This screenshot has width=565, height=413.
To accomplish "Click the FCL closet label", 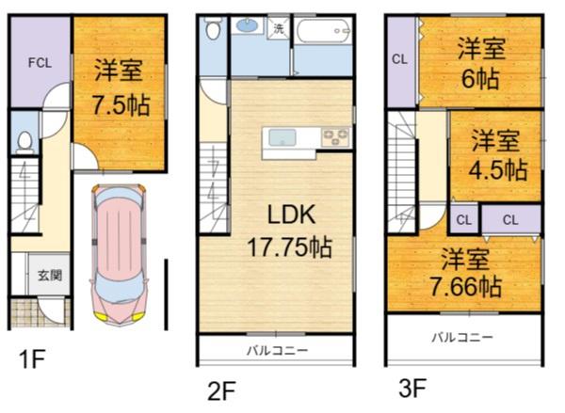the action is point(40,63).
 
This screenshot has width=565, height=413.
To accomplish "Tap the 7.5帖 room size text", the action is point(121,105).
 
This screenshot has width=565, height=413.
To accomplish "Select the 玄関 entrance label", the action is point(50,276).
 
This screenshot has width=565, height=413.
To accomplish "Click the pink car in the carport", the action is point(119,254).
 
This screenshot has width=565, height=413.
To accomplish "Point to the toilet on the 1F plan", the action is point(24,141).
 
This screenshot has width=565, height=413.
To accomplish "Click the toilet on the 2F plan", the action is point(213,27).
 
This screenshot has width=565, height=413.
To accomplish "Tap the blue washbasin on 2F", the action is point(247,26).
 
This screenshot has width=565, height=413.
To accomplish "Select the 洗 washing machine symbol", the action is point(279,27).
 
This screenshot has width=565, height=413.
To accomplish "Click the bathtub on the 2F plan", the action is point(323,31).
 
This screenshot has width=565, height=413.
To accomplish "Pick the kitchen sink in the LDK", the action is point(282,138).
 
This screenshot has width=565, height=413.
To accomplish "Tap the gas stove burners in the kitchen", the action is point(335,137).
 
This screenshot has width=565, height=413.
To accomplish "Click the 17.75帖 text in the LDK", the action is point(289,247).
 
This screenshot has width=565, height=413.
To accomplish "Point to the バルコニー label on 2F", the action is point(278,350).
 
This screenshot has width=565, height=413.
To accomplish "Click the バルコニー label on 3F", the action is point(462,338).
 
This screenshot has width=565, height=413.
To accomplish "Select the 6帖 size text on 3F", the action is point(480,79).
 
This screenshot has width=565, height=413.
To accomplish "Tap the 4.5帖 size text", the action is point(498,170).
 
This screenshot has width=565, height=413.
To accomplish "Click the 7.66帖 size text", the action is point(466,287).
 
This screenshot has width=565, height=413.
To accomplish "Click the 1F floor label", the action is point(32,359).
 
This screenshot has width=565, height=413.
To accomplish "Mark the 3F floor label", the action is point(413,388).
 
